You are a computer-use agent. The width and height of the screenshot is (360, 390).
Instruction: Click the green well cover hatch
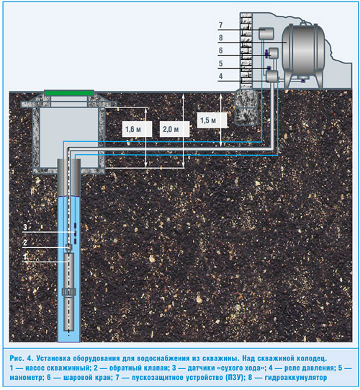click(x=69, y=93)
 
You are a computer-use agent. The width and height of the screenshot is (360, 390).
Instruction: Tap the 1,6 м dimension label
click(x=133, y=129)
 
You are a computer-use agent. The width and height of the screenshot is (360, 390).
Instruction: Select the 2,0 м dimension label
click(x=171, y=129)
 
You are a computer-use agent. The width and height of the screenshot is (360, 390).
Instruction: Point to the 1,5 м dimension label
click(x=208, y=120)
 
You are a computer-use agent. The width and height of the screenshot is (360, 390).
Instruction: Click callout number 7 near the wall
click(x=220, y=25)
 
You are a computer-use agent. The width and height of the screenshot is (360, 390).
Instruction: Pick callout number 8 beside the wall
click(x=220, y=37)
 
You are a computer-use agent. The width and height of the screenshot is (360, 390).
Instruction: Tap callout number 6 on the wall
click(x=220, y=50)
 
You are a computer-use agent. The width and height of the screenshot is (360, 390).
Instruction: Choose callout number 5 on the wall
click(x=220, y=63)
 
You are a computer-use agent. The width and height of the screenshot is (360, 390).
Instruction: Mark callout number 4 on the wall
click(x=220, y=76)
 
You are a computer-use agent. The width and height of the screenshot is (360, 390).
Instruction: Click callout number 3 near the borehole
click(x=25, y=227)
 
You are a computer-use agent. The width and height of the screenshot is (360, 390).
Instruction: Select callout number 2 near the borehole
click(x=25, y=242)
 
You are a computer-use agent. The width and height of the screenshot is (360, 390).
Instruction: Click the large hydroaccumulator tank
click(x=303, y=50)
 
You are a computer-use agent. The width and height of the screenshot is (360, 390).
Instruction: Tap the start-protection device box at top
click(x=266, y=34)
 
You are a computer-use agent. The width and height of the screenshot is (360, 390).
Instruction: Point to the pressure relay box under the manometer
click(x=272, y=76)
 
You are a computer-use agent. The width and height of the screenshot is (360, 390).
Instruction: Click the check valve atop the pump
click(x=68, y=247)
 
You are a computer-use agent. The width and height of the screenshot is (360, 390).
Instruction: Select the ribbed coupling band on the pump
click(x=68, y=292)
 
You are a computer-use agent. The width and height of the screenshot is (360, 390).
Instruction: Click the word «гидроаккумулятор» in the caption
click(x=296, y=377)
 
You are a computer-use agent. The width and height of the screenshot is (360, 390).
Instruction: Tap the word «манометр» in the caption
click(x=27, y=377)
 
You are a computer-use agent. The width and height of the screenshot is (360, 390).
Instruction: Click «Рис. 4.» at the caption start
click(x=22, y=358)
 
